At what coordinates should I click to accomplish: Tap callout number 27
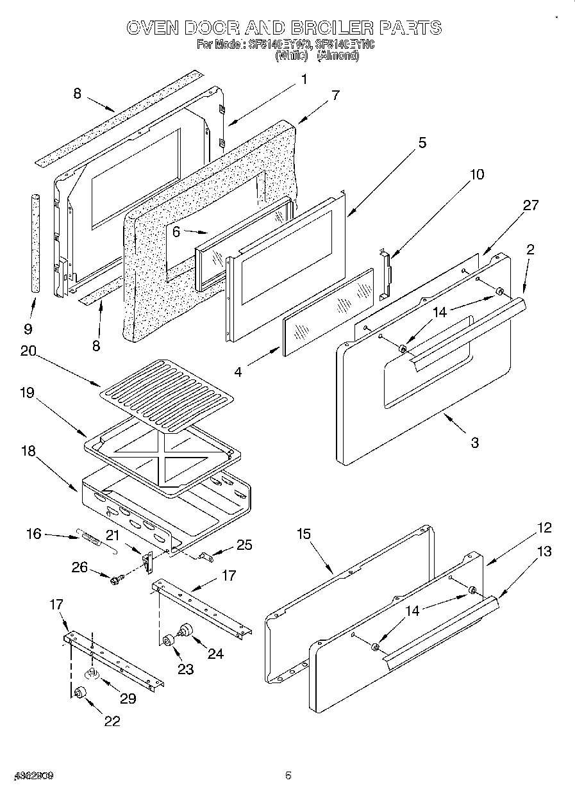point(531,205)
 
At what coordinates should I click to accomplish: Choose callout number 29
point(128,698)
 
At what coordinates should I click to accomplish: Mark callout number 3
point(474,442)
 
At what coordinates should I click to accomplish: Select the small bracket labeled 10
point(385,274)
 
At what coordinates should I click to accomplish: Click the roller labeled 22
point(81,693)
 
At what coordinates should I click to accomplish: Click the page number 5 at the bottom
point(288,775)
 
